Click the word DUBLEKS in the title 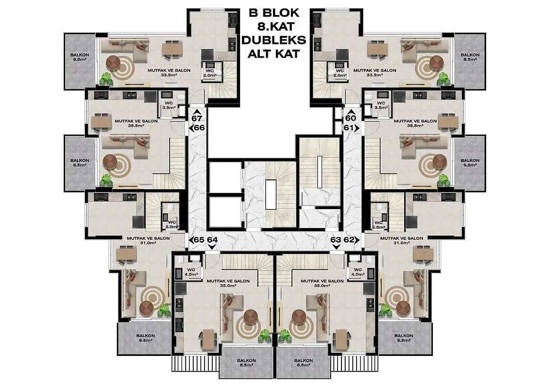point(273,40)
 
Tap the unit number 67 point(197,118)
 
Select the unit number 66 point(199,128)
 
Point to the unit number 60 point(351,118)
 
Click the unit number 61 point(348,128)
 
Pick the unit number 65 point(199,240)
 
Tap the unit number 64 point(212,240)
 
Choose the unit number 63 point(336,240)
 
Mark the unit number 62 point(348,240)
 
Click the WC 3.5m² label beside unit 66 point(169,105)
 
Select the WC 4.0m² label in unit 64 point(191,272)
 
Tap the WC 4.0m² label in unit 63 point(358,272)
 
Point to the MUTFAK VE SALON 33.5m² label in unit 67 point(169,72)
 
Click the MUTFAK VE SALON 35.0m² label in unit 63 point(322,283)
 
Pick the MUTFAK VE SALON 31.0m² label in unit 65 point(148,240)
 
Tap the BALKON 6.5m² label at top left point(80,57)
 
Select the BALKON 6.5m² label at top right point(470,57)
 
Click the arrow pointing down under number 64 point(211,247)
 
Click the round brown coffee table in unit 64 point(251,317)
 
